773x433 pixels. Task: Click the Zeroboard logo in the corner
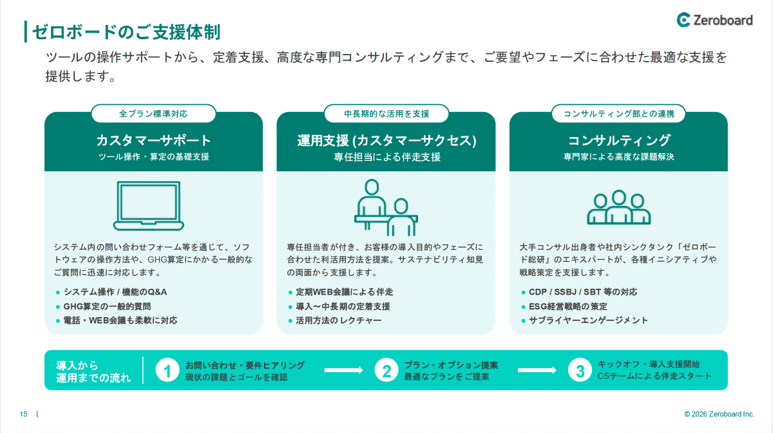pos(714,20)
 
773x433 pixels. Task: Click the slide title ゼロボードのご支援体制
pos(126,32)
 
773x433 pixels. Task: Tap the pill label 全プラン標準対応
pos(153,114)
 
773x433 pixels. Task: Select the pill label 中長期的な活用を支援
pos(386,114)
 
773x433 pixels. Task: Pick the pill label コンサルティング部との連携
pos(618,114)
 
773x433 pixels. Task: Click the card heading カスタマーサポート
pos(153,140)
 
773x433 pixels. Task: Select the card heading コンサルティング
pos(619,140)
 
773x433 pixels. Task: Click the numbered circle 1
pos(167,370)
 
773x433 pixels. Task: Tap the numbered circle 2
pos(386,370)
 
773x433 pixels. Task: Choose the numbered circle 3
pos(580,370)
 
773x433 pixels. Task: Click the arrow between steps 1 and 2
pos(344,370)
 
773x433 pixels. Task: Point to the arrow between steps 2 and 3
pos(537,370)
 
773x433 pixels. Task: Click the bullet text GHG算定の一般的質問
pos(107,306)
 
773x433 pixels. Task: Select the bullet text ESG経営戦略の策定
pos(568,306)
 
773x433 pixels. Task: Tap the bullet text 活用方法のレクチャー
pos(339,320)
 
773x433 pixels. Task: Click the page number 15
pos(23,414)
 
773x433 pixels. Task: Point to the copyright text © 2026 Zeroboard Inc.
pos(719,414)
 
